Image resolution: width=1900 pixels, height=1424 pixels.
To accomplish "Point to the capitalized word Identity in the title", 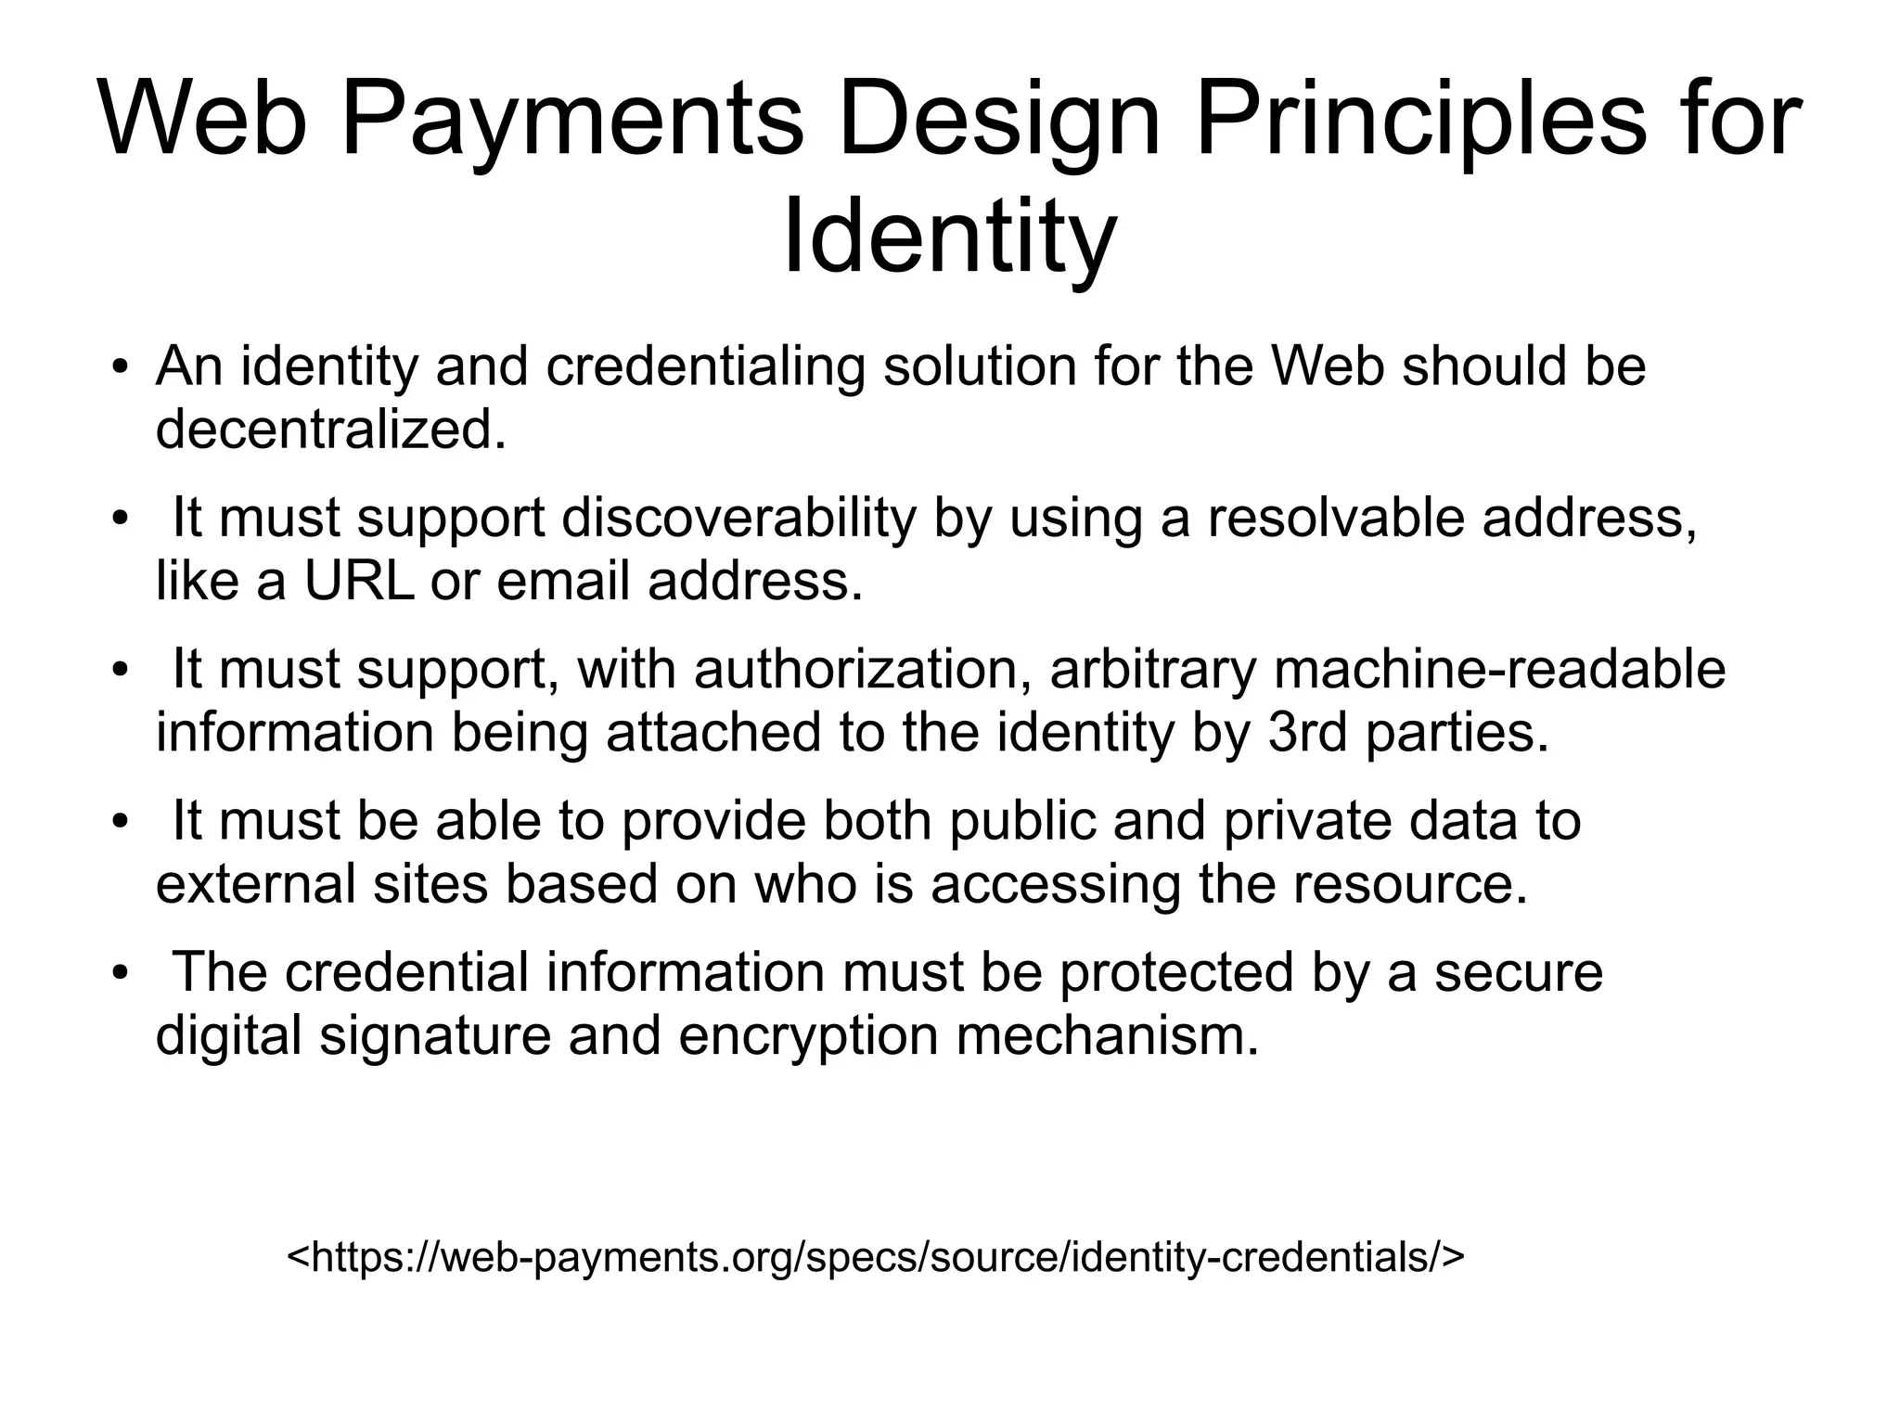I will click(948, 239).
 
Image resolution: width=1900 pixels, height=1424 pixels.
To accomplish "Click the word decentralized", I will click(331, 430).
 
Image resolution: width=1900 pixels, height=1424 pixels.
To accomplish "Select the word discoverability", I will click(738, 518).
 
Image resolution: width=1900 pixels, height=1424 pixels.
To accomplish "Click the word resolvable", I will click(1335, 518).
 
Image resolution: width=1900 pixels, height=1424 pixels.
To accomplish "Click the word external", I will click(255, 884).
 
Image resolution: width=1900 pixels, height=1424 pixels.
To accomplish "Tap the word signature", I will click(435, 1035).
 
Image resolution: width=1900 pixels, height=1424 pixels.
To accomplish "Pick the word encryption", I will click(808, 1035).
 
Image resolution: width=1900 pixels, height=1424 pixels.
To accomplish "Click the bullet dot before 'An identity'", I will click(118, 367).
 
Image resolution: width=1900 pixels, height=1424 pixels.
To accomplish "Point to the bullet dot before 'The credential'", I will click(118, 973).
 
